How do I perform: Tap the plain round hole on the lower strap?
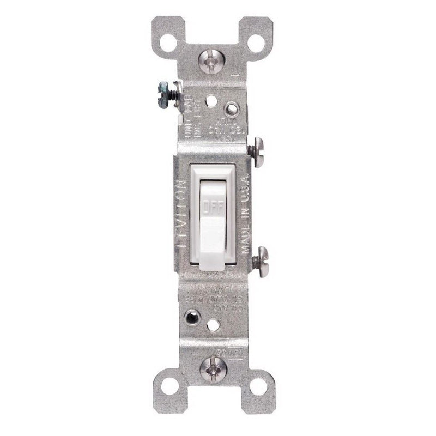214,325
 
